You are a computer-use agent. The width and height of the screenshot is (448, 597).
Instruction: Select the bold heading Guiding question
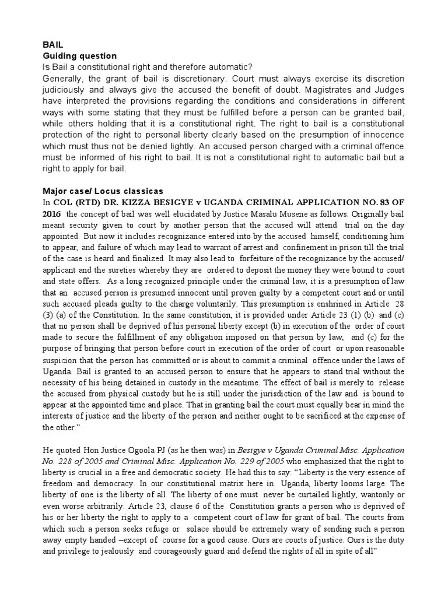click(79, 56)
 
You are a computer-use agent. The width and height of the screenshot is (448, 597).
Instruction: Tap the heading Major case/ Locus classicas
click(103, 191)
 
